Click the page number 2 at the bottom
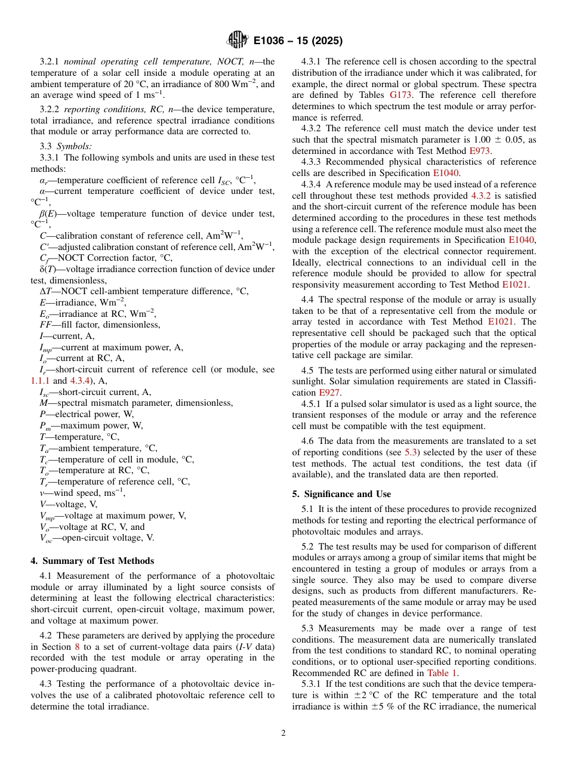click(283, 733)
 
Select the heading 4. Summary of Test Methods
click(92, 560)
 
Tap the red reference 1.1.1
click(41, 381)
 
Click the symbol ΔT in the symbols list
click(39, 291)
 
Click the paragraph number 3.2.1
click(50, 61)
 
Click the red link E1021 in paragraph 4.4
click(503, 322)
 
